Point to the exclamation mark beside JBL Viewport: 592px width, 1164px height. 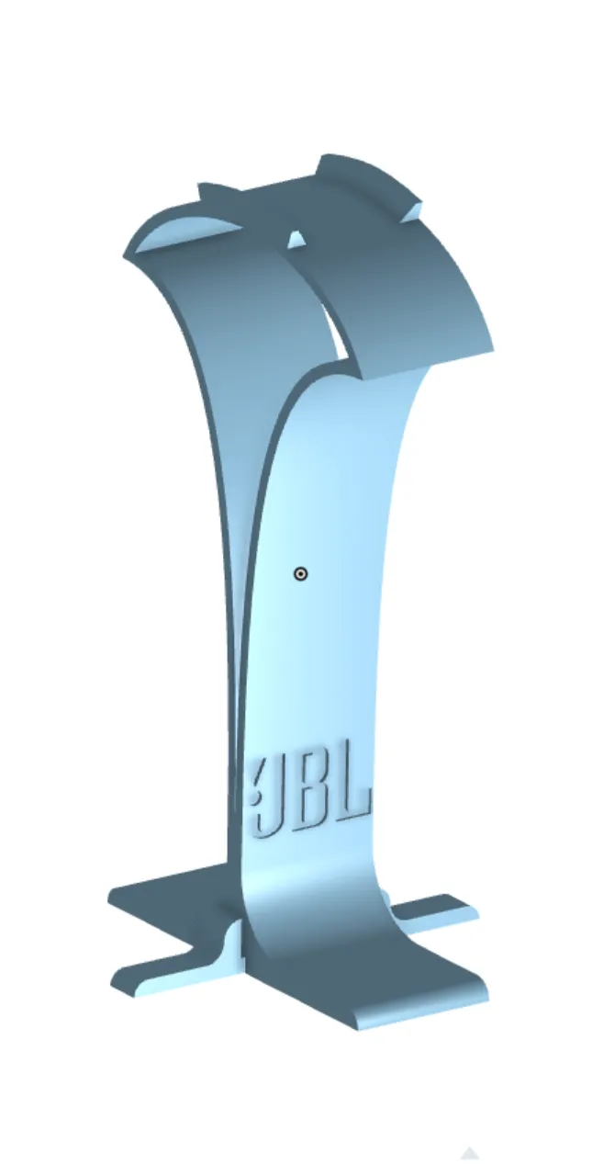click(x=256, y=781)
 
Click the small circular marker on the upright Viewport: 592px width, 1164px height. click(x=300, y=574)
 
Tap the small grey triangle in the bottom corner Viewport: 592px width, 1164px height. click(x=470, y=1153)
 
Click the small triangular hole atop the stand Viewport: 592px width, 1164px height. click(x=296, y=241)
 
